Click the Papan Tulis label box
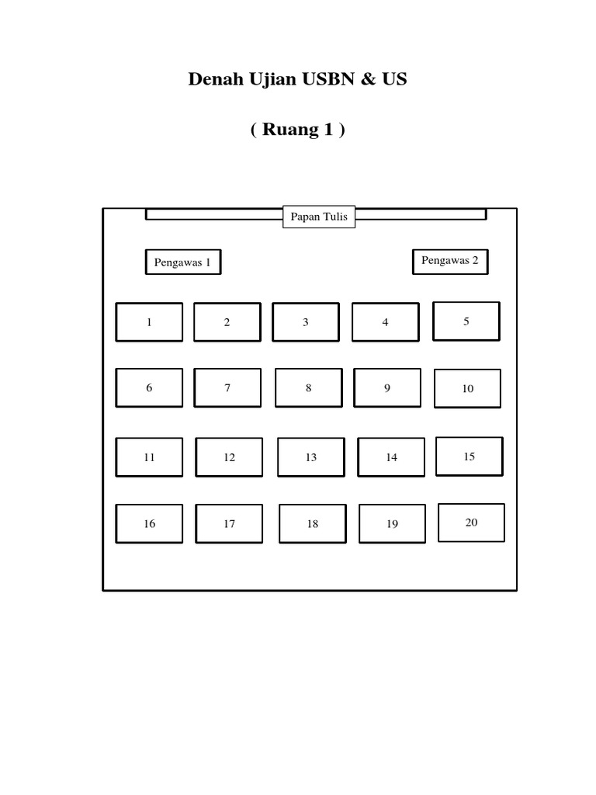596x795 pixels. click(x=319, y=217)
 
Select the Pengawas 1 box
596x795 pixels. click(x=182, y=262)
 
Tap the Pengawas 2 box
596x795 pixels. click(x=450, y=262)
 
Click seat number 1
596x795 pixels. click(x=149, y=322)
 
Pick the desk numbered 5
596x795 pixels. click(x=466, y=321)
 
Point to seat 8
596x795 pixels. click(x=308, y=388)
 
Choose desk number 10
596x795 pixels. click(x=467, y=388)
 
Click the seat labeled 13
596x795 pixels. click(x=310, y=457)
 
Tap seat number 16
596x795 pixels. click(x=149, y=524)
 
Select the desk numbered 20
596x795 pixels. click(x=471, y=522)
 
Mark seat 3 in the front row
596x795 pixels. click(x=305, y=322)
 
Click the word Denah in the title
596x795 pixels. click(x=213, y=79)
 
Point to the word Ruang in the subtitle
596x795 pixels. click(x=291, y=130)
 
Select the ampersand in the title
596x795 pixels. click(x=363, y=79)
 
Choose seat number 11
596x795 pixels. click(x=149, y=457)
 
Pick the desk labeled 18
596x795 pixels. click(x=313, y=524)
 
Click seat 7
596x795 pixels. click(x=227, y=388)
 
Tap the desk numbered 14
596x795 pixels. click(x=391, y=457)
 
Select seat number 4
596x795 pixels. click(x=385, y=322)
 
